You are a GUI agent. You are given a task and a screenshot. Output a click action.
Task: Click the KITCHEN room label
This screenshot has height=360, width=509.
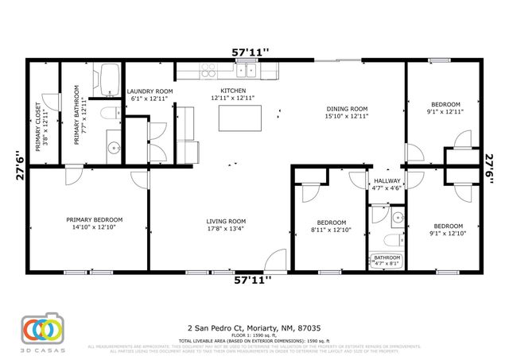coord(233,91)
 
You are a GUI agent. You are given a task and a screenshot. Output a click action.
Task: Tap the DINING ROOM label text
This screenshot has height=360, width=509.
coord(347,109)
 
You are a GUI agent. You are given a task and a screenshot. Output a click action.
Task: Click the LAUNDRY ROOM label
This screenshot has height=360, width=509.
coord(150,91)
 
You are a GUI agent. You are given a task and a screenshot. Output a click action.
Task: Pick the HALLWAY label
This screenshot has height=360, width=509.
coord(387,181)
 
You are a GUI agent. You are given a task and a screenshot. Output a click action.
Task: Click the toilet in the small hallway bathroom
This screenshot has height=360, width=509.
coord(390,239)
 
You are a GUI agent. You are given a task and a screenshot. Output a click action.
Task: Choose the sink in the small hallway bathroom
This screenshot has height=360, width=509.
coord(397,215)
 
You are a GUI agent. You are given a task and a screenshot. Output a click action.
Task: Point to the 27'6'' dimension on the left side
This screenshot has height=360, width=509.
coord(18,168)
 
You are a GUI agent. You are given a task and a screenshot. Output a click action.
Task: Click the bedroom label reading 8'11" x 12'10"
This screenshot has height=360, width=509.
coord(331,226)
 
